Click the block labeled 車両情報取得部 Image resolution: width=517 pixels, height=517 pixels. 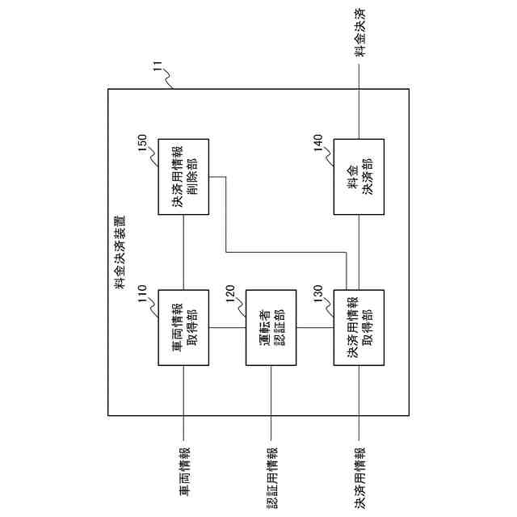tap(183, 327)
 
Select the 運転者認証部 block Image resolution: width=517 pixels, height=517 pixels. tap(271, 327)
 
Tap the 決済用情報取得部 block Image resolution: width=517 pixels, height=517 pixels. tap(359, 327)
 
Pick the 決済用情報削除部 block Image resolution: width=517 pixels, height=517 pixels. tap(183, 179)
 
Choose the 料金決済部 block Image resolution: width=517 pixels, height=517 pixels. tap(359, 179)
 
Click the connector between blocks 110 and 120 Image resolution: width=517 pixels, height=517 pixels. tap(227, 327)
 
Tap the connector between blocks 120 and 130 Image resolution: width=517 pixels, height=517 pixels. tap(315, 327)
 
